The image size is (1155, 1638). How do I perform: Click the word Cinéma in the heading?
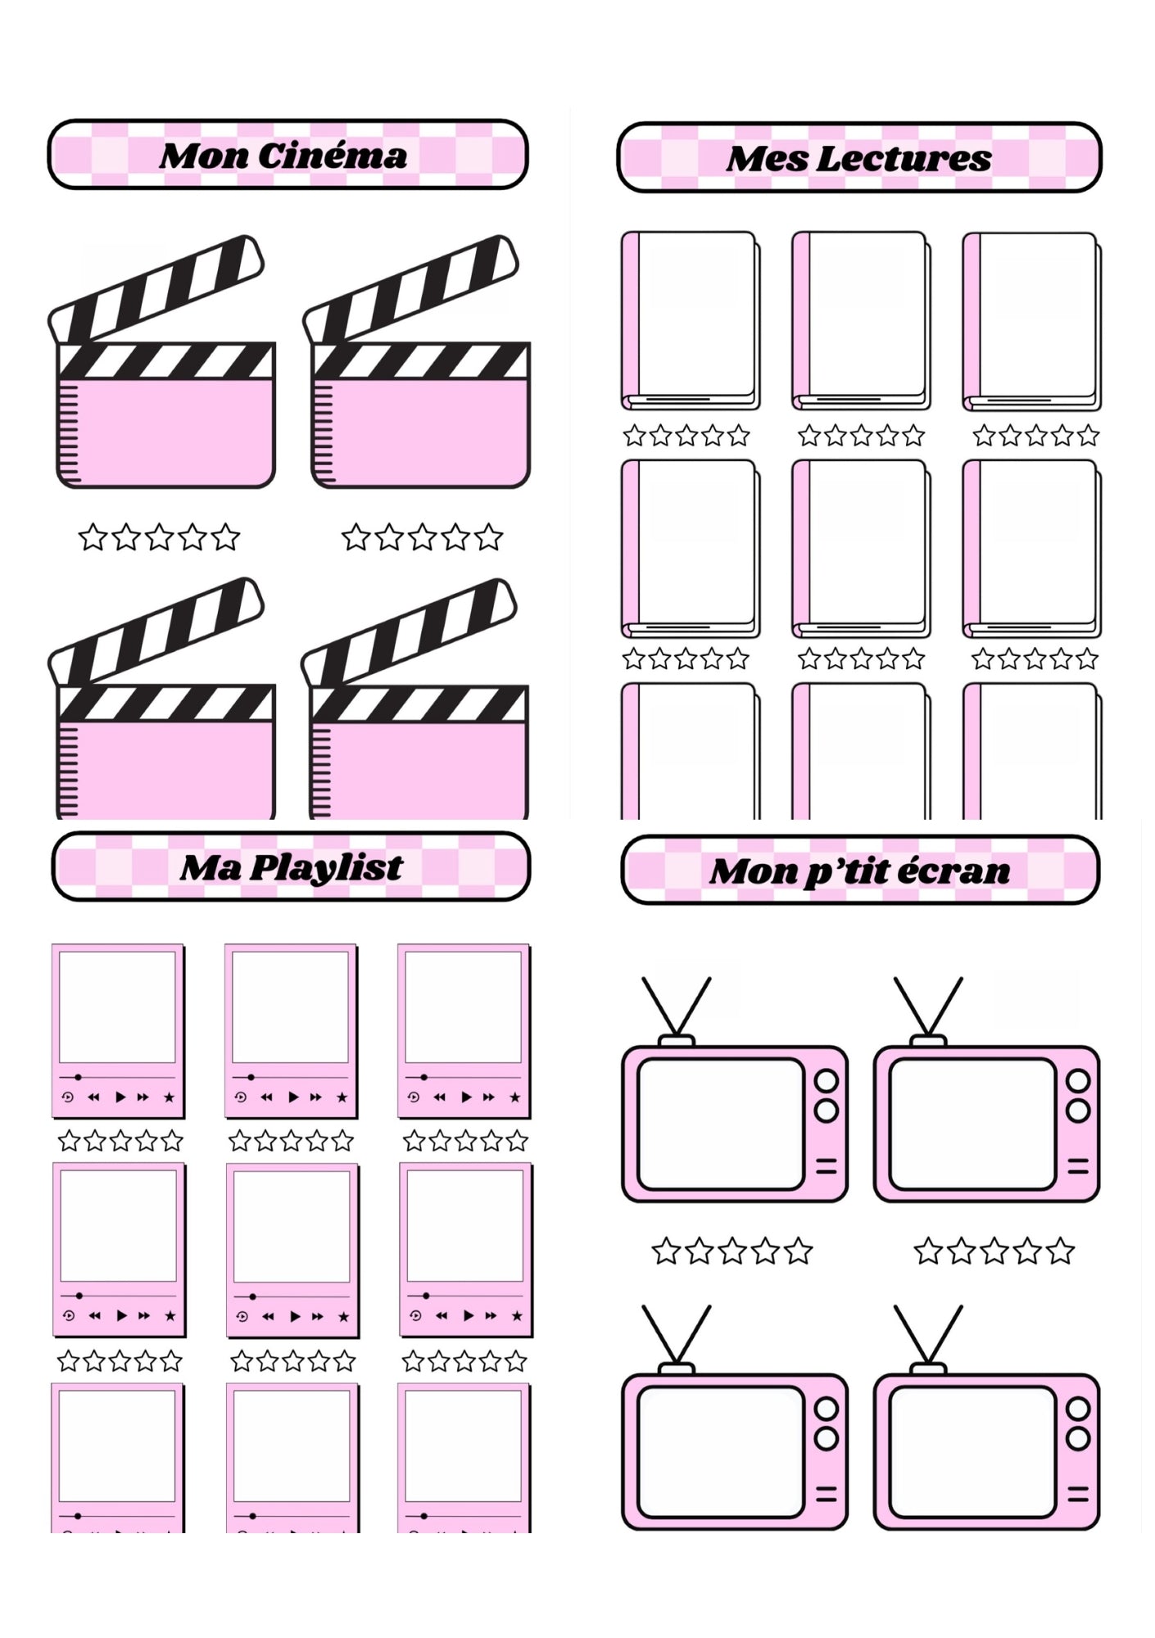pyautogui.click(x=333, y=156)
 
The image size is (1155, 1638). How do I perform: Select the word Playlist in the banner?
pyautogui.click(x=326, y=868)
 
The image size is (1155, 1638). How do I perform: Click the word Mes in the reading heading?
pyautogui.click(x=767, y=159)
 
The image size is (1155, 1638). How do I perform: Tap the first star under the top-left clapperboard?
pyautogui.click(x=93, y=538)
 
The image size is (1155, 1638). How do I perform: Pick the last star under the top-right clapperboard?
pyautogui.click(x=488, y=538)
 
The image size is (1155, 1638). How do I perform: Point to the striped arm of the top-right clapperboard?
pyautogui.click(x=418, y=287)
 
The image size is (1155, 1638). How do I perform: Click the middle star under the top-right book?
pyautogui.click(x=1035, y=436)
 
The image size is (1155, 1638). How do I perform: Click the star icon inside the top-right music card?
pyautogui.click(x=514, y=1097)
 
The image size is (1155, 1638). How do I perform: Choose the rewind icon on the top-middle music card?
pyautogui.click(x=266, y=1097)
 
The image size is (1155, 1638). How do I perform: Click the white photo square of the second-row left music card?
pyautogui.click(x=119, y=1225)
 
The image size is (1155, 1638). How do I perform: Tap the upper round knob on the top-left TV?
pyautogui.click(x=826, y=1081)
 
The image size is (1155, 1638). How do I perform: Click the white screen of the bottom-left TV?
pyautogui.click(x=719, y=1451)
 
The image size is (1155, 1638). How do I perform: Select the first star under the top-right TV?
pyautogui.click(x=927, y=1251)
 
